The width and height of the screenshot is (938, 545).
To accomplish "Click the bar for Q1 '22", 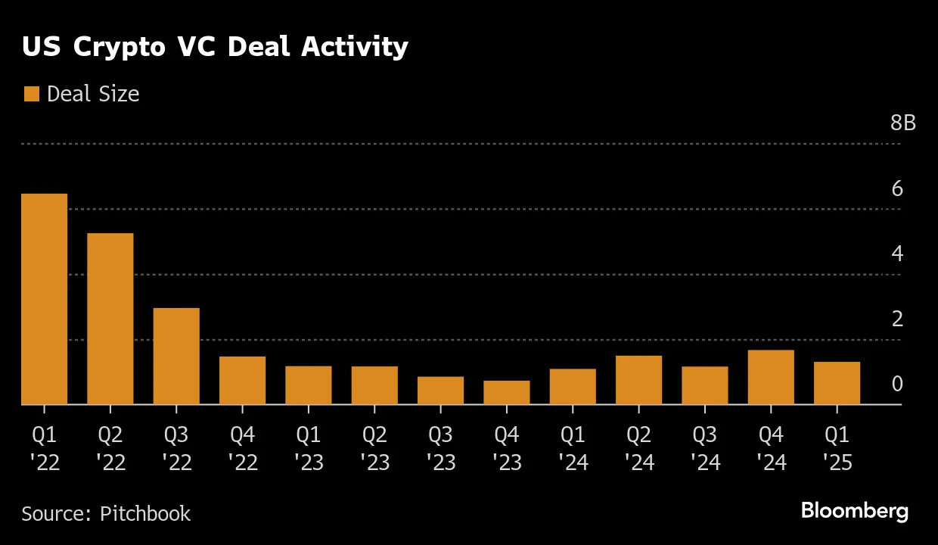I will click(x=45, y=299).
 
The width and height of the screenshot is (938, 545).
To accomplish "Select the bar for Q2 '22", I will click(x=110, y=319).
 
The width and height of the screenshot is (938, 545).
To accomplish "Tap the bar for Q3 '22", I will click(x=176, y=356).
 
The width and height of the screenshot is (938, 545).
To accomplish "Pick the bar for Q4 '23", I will click(x=507, y=393).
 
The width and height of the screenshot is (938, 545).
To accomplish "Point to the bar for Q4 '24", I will click(x=771, y=377).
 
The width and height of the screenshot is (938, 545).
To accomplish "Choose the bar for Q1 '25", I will click(x=837, y=383).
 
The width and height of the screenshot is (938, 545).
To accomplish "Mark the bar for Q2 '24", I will click(x=638, y=380).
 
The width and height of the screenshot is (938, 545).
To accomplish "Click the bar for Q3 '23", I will click(x=440, y=391).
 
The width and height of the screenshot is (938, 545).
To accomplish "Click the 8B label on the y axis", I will click(x=902, y=123).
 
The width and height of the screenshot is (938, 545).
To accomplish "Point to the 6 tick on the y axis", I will click(x=897, y=188).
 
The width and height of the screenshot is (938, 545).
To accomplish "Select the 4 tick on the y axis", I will click(x=897, y=254).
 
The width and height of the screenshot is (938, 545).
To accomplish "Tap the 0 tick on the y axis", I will click(x=897, y=385).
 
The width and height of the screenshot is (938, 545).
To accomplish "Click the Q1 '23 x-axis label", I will click(x=309, y=448).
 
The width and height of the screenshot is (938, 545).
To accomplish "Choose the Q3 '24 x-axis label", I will click(x=705, y=448).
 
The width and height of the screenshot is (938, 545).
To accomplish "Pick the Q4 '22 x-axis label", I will click(x=242, y=448).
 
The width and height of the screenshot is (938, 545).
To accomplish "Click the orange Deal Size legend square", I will click(x=31, y=94).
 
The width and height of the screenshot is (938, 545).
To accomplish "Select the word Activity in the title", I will click(x=355, y=47).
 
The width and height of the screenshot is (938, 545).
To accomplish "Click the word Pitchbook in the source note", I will click(x=145, y=513).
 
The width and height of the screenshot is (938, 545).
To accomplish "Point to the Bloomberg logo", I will click(x=854, y=511).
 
